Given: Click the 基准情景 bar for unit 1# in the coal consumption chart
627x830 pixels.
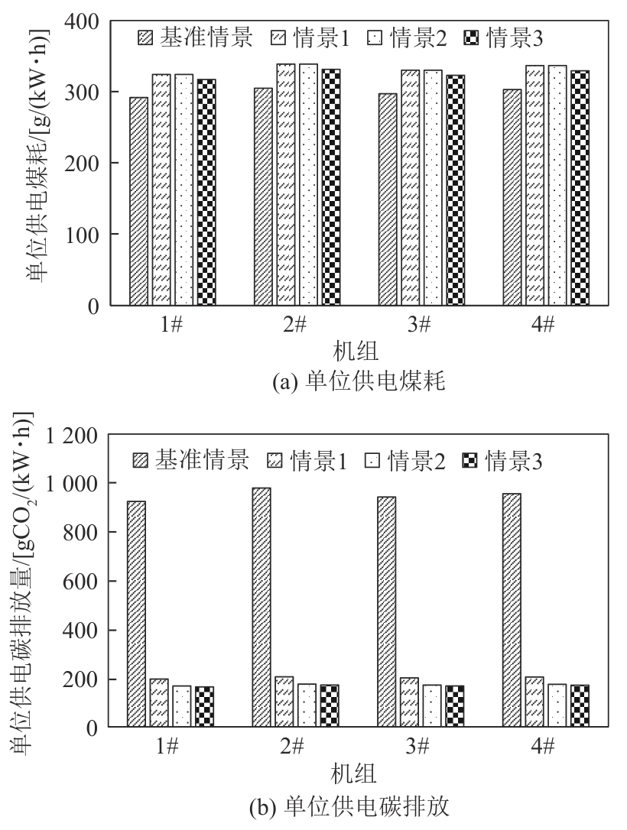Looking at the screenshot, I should pos(138,202).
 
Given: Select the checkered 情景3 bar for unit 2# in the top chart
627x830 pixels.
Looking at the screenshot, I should pos(331,187).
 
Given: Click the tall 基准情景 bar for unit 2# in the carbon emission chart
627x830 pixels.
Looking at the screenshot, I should pos(262,607).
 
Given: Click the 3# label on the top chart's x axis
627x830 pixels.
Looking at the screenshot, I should pos(418,325).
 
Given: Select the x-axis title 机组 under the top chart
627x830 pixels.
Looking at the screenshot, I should pos(356,352).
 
